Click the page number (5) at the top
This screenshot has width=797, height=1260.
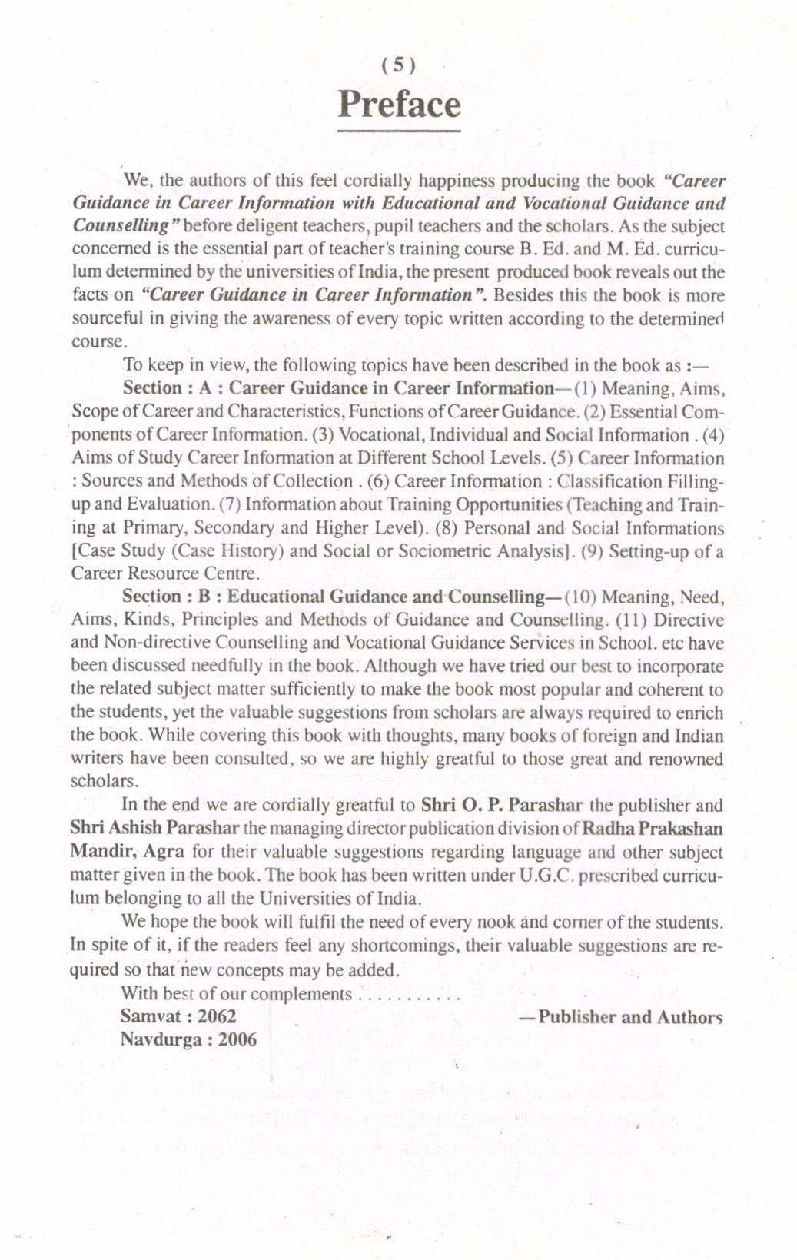pyautogui.click(x=398, y=65)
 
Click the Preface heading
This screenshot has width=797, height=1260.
pyautogui.click(x=399, y=105)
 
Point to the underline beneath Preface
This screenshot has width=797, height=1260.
pyautogui.click(x=399, y=131)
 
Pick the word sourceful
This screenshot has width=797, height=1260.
pyautogui.click(x=108, y=318)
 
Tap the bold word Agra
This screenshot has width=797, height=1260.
pyautogui.click(x=164, y=852)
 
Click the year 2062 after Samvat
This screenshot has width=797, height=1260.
pyautogui.click(x=217, y=1016)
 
